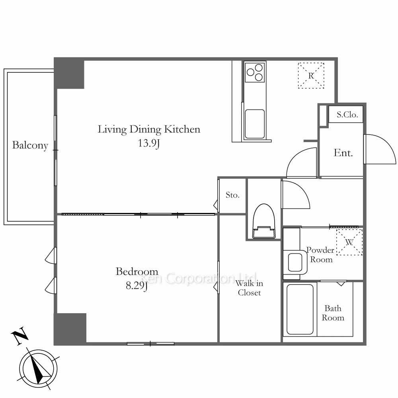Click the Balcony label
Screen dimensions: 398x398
click(30, 145)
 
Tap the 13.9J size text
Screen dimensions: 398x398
click(149, 143)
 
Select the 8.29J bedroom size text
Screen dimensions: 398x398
click(137, 286)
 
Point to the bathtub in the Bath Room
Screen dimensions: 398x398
click(300, 309)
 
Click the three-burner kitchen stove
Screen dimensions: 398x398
click(255, 72)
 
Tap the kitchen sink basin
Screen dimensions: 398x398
click(255, 124)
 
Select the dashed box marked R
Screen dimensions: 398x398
click(311, 76)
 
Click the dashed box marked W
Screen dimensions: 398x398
click(349, 242)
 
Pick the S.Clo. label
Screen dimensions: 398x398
click(347, 115)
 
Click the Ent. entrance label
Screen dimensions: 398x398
click(343, 153)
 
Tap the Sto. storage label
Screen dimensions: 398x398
click(232, 195)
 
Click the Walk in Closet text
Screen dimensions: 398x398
click(249, 288)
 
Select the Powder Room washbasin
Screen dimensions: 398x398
click(295, 262)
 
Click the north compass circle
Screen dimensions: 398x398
click(38, 369)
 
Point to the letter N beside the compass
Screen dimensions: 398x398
click(20, 336)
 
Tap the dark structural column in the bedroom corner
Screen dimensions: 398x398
click(70, 328)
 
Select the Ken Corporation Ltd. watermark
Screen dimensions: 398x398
click(198, 278)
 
